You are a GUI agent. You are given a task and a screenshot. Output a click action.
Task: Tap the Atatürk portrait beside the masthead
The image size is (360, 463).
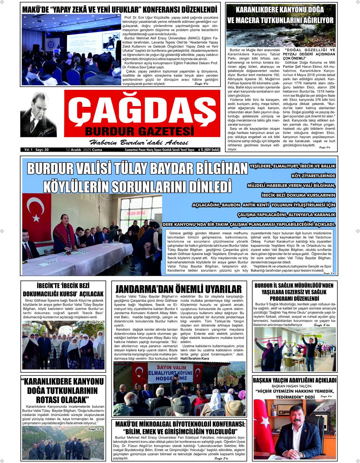tap(38, 115)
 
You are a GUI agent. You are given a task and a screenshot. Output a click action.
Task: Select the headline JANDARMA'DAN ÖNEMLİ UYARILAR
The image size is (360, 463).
tap(179, 289)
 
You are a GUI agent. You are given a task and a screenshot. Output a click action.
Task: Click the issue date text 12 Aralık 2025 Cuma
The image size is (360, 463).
tap(84, 150)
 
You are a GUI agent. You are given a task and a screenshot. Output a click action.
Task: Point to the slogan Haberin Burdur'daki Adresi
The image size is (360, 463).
tap(137, 142)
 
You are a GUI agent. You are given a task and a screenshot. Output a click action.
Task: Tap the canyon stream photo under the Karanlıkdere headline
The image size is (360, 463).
tap(281, 36)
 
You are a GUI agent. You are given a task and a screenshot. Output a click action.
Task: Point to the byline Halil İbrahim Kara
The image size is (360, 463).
tap(194, 358)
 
